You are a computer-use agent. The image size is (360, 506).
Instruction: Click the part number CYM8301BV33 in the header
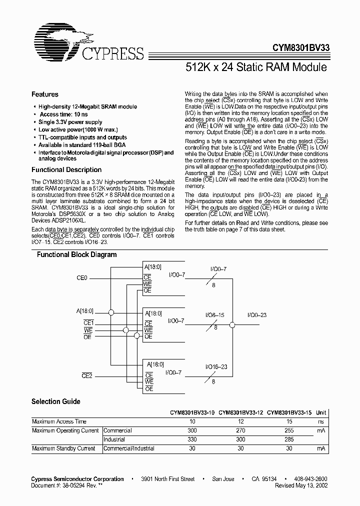point(300,49)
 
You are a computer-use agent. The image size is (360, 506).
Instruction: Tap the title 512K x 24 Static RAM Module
point(256,66)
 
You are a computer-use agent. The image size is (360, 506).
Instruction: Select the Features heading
point(45,94)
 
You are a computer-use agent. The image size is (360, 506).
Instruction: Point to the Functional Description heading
point(66,170)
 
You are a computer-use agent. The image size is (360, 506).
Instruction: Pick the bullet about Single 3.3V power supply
point(70,122)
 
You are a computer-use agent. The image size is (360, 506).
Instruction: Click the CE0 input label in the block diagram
point(81,277)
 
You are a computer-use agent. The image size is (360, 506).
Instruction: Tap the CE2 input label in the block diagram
point(87,375)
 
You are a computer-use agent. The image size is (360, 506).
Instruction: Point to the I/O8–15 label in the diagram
point(215,315)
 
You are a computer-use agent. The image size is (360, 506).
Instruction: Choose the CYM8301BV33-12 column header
point(240,412)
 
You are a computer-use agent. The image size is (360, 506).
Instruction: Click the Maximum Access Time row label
point(59,421)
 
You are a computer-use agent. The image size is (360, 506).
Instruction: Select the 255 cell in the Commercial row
point(288,430)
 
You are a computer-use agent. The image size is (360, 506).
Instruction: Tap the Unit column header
point(321,412)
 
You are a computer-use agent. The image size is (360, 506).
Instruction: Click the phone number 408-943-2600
point(309,479)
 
